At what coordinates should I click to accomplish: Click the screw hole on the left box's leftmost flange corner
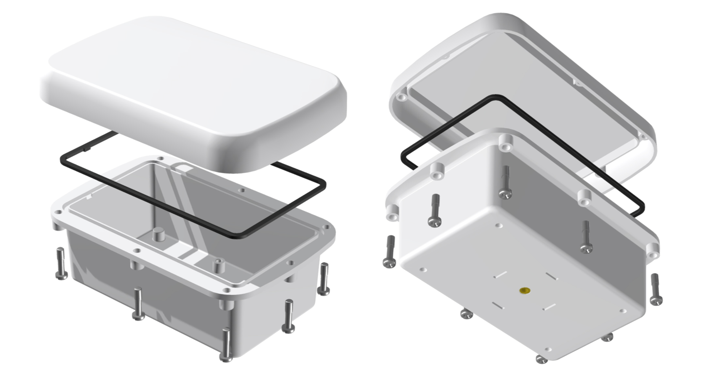coord(58,212)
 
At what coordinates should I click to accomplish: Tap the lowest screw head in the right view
coord(542,359)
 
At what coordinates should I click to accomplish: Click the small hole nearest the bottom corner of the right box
coord(548,349)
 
